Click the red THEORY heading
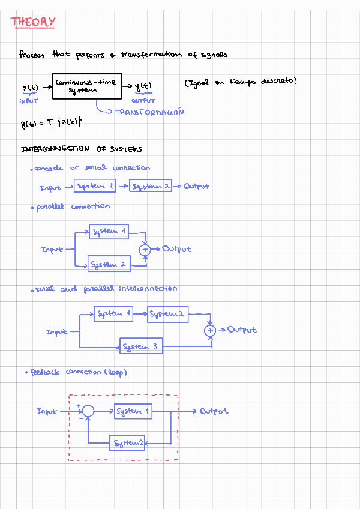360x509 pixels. point(33,23)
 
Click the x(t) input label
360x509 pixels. point(31,88)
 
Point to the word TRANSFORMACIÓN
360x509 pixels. point(149,112)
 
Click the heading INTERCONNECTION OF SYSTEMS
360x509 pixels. point(82,149)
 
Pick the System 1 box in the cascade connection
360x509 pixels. point(95,187)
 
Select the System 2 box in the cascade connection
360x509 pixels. point(151,187)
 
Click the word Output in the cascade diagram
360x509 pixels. point(197,187)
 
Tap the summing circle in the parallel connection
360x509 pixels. point(145,249)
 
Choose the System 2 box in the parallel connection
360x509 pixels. point(109,264)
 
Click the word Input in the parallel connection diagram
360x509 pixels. point(52,250)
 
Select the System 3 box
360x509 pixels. point(141,346)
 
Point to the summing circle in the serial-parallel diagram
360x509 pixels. point(210,330)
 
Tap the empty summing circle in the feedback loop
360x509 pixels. point(88,411)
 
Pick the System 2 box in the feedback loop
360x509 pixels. point(127,444)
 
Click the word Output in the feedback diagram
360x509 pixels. point(214,412)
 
